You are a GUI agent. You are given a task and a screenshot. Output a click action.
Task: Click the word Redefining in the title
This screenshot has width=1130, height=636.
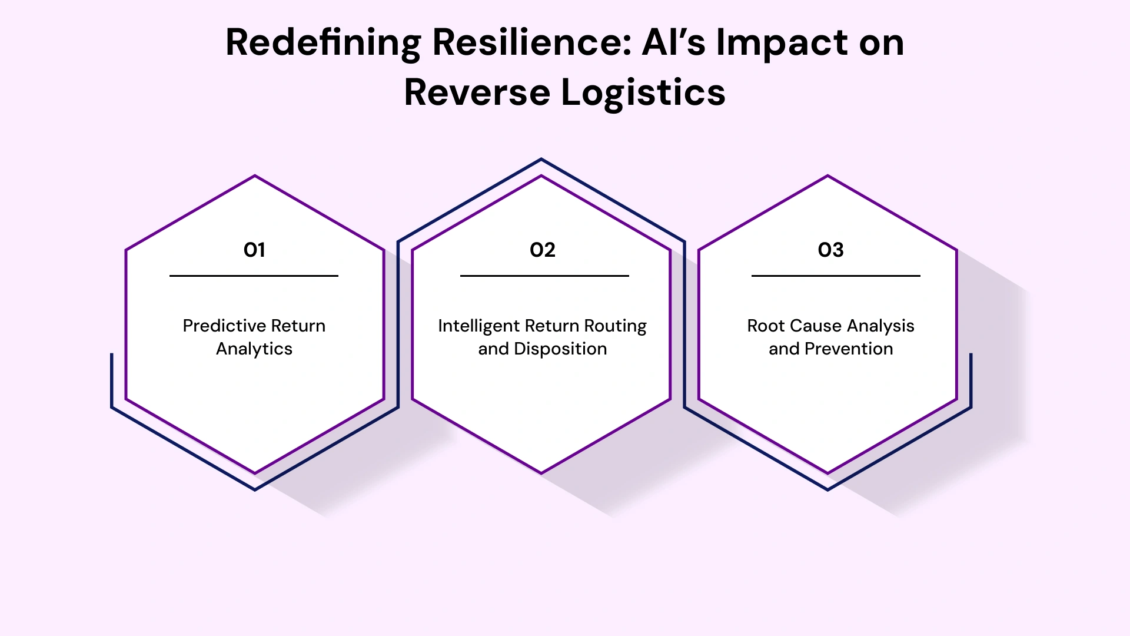(323, 43)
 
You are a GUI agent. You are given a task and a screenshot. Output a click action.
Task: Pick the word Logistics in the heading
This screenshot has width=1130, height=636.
(643, 92)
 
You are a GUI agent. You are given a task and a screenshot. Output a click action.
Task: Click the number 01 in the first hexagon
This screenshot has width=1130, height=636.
(254, 250)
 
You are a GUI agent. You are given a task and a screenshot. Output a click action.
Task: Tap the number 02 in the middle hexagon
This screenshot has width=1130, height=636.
(542, 250)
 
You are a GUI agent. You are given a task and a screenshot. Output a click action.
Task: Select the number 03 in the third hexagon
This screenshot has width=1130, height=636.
(830, 250)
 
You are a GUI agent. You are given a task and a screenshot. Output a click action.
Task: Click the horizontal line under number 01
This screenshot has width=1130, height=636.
(254, 276)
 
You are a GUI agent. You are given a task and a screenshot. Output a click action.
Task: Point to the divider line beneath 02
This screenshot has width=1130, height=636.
(544, 276)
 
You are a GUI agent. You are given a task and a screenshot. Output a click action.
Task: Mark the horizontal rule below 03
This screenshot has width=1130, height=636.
(836, 276)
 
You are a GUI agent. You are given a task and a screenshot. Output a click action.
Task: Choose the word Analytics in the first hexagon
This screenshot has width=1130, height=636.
(254, 349)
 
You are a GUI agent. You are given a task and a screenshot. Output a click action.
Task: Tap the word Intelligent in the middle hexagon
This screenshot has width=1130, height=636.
(478, 326)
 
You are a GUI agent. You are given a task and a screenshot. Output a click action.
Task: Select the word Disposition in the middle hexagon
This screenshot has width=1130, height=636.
(560, 349)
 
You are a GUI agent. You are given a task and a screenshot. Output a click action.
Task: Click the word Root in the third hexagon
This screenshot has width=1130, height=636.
(766, 326)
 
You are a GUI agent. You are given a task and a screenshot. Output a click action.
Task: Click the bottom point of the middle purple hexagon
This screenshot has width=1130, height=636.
(541, 472)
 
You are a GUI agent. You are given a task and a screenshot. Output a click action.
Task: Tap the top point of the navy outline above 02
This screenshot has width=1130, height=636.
(541, 159)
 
